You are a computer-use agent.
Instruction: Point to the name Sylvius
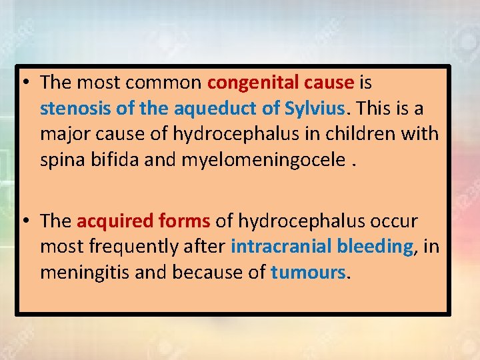314,108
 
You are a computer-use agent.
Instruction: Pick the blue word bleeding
375,247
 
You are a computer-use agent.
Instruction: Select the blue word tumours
309,272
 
